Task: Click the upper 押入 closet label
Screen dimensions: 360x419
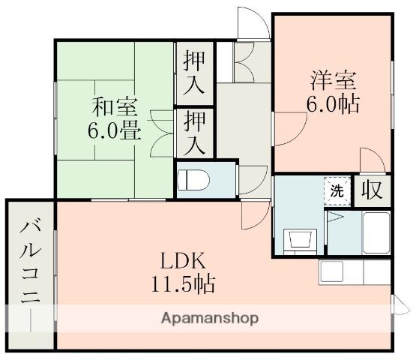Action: point(194,73)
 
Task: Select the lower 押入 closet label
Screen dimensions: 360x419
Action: point(194,132)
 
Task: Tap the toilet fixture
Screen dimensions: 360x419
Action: point(193,181)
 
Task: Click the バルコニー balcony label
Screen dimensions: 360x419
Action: point(29,274)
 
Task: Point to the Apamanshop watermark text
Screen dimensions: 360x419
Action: point(210,318)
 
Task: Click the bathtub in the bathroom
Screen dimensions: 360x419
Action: point(374,234)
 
